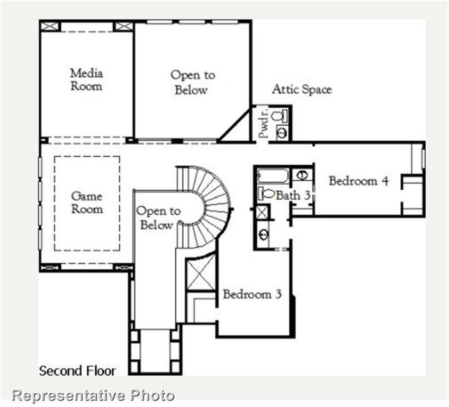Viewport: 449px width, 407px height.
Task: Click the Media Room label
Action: coord(86,79)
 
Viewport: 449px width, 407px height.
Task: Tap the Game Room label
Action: coord(87,202)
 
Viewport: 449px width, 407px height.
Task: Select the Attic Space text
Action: coord(302,89)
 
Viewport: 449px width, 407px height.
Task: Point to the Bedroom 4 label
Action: coord(358,181)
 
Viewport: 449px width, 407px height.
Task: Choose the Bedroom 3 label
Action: coord(252,294)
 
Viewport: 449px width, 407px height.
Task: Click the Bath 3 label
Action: coord(293,195)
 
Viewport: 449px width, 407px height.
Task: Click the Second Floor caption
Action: coord(77,370)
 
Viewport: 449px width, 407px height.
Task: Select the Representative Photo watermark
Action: coord(93,395)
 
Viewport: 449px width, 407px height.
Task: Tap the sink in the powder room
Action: coord(282,133)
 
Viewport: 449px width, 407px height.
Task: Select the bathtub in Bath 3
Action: coord(273,176)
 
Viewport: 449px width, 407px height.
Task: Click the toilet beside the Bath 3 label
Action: coord(266,193)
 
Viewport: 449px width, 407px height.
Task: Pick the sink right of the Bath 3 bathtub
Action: coord(301,174)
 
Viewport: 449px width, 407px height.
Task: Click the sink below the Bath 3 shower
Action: coord(263,233)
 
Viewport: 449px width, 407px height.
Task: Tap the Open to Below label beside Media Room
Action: coord(192,82)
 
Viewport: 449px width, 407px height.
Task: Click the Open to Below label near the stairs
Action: coord(158,218)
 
